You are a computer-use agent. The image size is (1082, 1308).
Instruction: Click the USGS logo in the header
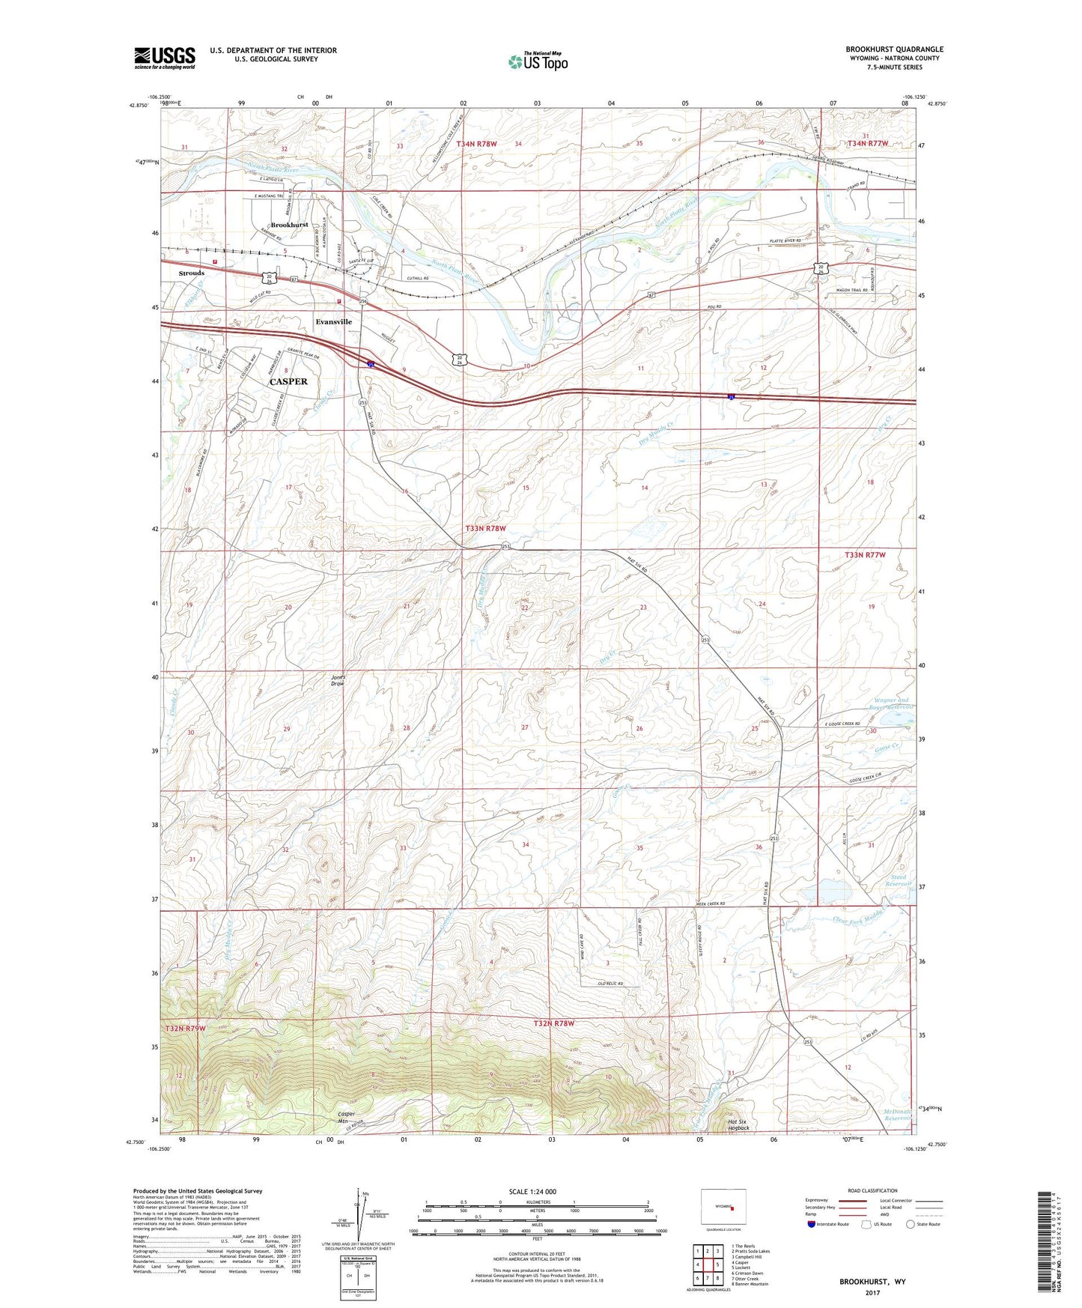click(165, 58)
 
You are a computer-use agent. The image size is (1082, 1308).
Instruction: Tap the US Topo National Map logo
click(538, 61)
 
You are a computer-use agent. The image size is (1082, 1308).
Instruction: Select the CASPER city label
click(288, 381)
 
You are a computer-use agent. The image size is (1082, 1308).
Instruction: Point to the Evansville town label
click(333, 321)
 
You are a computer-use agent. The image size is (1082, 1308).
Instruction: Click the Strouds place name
click(192, 273)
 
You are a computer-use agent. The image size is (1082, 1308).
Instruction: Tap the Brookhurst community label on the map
click(289, 225)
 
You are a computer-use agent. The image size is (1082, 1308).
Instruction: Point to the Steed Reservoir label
click(896, 880)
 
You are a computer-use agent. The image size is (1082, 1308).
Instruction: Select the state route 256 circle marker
click(362, 301)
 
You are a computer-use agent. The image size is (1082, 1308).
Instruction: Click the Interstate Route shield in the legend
click(812, 1225)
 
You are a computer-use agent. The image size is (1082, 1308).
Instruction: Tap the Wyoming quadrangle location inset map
click(723, 1208)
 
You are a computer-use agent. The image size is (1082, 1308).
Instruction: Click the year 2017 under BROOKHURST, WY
click(872, 1292)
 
